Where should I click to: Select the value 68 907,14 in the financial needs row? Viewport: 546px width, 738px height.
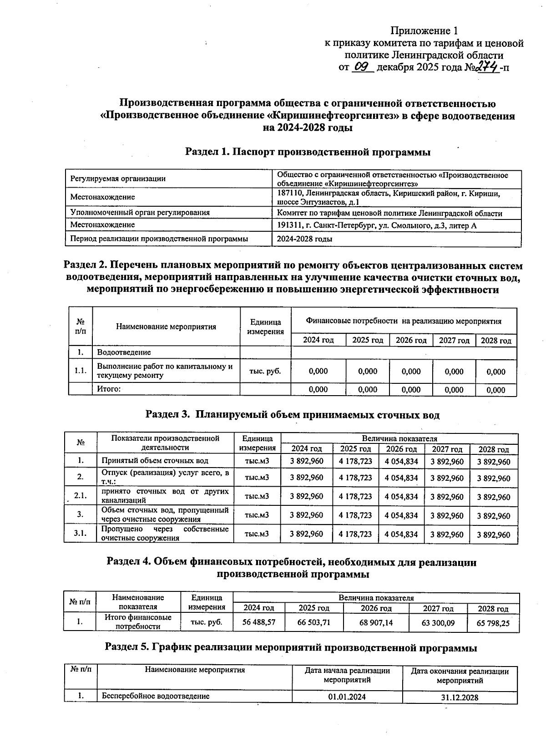(x=376, y=622)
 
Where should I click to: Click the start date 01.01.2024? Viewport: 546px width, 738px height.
(x=347, y=697)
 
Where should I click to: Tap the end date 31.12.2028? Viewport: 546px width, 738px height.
(x=460, y=697)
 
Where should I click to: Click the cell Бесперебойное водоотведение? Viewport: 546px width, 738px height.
(x=155, y=696)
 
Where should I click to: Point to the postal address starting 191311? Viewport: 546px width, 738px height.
(x=377, y=225)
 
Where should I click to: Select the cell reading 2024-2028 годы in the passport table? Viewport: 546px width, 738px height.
(x=304, y=239)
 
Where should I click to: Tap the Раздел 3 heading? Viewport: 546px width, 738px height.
(x=292, y=415)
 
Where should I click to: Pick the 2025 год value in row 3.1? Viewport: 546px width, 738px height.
(x=355, y=534)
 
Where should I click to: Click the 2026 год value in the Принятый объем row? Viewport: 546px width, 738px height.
(x=401, y=461)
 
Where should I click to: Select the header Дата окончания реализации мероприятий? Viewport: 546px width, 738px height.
(x=460, y=676)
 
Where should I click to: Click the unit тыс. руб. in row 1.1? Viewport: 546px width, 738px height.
(x=265, y=371)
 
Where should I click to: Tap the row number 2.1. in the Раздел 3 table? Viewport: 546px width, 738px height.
(x=81, y=496)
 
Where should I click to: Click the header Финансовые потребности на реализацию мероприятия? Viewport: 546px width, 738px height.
(x=403, y=321)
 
